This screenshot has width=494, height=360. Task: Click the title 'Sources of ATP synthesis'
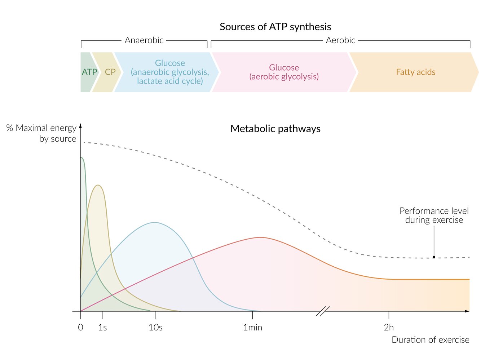(x=275, y=27)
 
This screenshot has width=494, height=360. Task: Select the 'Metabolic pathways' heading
(x=275, y=129)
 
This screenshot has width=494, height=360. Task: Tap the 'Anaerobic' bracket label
(x=144, y=40)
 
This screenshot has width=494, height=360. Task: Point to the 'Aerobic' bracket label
(x=340, y=40)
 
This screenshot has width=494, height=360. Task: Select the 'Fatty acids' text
(x=415, y=72)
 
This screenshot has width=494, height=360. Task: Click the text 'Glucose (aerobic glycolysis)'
(x=284, y=72)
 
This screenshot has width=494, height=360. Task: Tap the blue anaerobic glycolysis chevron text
(x=169, y=72)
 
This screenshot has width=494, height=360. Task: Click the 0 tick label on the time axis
(x=80, y=328)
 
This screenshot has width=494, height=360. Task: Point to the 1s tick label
(x=103, y=328)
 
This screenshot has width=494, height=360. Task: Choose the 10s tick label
(x=156, y=328)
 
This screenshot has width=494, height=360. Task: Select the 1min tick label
(x=252, y=328)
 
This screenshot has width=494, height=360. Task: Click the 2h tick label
(x=389, y=328)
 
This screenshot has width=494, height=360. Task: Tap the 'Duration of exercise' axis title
(x=430, y=340)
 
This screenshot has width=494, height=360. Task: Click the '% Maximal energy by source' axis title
(x=41, y=133)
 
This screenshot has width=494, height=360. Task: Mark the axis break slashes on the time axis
(x=323, y=311)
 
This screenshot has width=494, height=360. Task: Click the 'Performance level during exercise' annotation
(x=434, y=215)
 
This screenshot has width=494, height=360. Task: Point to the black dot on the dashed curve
(x=434, y=257)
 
